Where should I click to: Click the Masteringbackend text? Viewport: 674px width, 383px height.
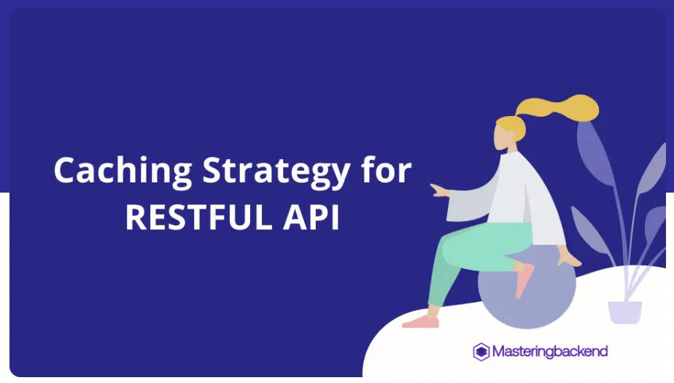click(x=549, y=352)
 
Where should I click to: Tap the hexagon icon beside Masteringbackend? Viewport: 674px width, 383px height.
click(x=481, y=352)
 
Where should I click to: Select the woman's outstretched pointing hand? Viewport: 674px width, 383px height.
click(x=438, y=190)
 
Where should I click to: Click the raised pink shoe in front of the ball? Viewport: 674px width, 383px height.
click(x=524, y=280)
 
